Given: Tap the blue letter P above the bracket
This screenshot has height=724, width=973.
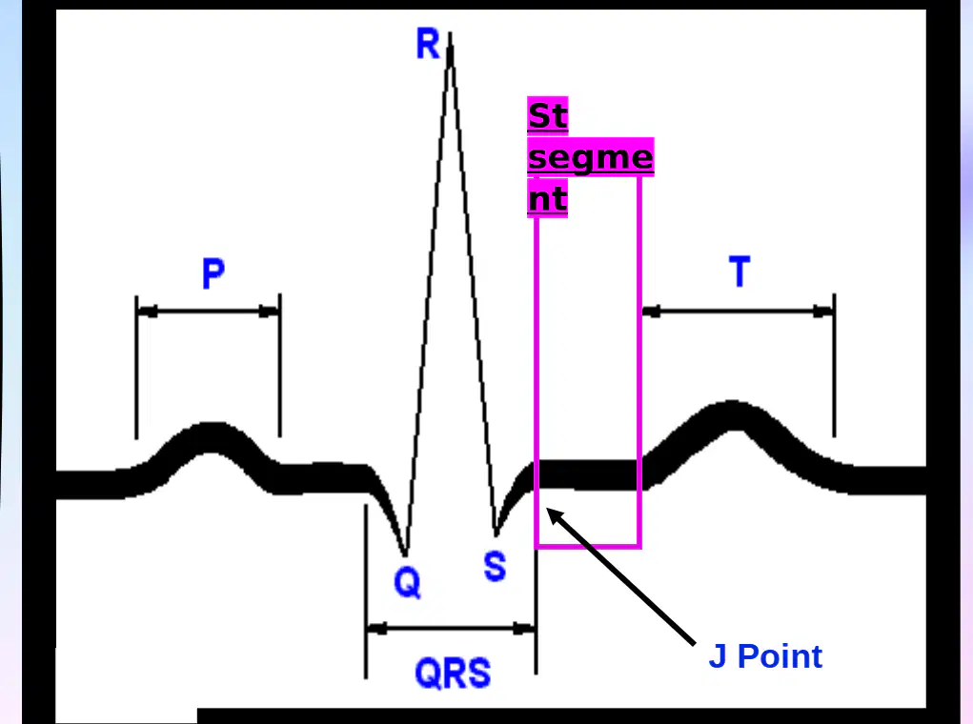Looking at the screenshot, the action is click(x=213, y=273).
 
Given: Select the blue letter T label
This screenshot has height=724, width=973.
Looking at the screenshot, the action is click(x=740, y=271).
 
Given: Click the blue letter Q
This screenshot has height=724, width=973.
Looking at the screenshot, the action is click(x=407, y=583).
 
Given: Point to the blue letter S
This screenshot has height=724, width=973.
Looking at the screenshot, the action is click(x=495, y=566).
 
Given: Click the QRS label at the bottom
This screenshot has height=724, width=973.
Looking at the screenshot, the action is click(x=453, y=674).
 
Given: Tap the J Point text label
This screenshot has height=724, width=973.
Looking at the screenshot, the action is click(x=765, y=656).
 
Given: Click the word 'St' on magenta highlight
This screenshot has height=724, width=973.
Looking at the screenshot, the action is click(x=547, y=116).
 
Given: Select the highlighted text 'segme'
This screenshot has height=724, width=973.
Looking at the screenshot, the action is click(x=590, y=157).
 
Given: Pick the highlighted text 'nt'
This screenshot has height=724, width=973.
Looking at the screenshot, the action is click(x=547, y=198).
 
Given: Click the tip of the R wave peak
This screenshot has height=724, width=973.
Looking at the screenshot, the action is click(x=450, y=33).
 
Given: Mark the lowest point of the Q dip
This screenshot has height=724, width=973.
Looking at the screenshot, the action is click(x=405, y=554).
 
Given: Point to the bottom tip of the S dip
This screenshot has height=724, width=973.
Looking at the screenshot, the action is click(x=496, y=534).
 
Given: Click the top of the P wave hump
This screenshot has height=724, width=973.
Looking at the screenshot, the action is click(x=212, y=424).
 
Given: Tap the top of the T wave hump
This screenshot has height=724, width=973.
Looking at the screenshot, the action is click(x=734, y=402).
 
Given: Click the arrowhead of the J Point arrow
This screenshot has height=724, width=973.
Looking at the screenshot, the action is click(x=548, y=510).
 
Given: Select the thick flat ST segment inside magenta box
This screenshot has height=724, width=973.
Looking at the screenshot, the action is click(x=588, y=475).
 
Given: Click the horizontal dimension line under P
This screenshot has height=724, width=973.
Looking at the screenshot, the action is click(x=208, y=311).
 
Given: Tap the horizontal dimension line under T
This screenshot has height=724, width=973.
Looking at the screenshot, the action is click(x=739, y=312).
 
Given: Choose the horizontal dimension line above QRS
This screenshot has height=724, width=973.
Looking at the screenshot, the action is click(x=451, y=629).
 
